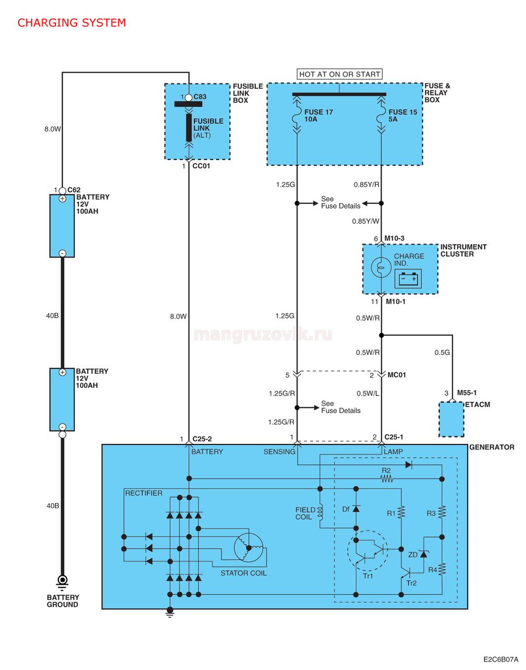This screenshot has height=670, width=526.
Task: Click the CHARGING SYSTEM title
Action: click(71, 23)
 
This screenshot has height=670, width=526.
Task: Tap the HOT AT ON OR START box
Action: click(340, 74)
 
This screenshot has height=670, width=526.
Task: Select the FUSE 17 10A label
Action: click(319, 116)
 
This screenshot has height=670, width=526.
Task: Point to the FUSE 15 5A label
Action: click(403, 116)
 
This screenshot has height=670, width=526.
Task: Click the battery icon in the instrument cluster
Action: click(410, 279)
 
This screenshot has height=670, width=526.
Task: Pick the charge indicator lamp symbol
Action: click(380, 268)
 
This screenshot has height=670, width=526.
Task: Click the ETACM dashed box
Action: click(451, 419)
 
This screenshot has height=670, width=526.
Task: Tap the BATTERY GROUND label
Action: click(63, 600)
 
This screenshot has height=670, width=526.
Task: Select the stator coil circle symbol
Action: click(248, 547)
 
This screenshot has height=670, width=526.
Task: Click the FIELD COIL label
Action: click(305, 513)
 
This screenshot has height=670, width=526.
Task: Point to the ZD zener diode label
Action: click(413, 554)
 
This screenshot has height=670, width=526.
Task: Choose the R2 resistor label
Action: click(386, 470)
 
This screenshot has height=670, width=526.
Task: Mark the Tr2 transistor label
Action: click(411, 584)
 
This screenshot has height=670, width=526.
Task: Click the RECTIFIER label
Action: click(144, 493)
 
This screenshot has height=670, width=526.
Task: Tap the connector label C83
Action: click(200, 97)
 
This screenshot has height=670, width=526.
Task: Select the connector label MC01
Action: click(396, 375)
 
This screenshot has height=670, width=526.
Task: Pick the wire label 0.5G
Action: click(442, 352)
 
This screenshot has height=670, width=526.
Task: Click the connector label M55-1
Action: click(467, 393)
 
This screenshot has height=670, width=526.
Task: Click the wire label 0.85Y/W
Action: click(366, 221)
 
